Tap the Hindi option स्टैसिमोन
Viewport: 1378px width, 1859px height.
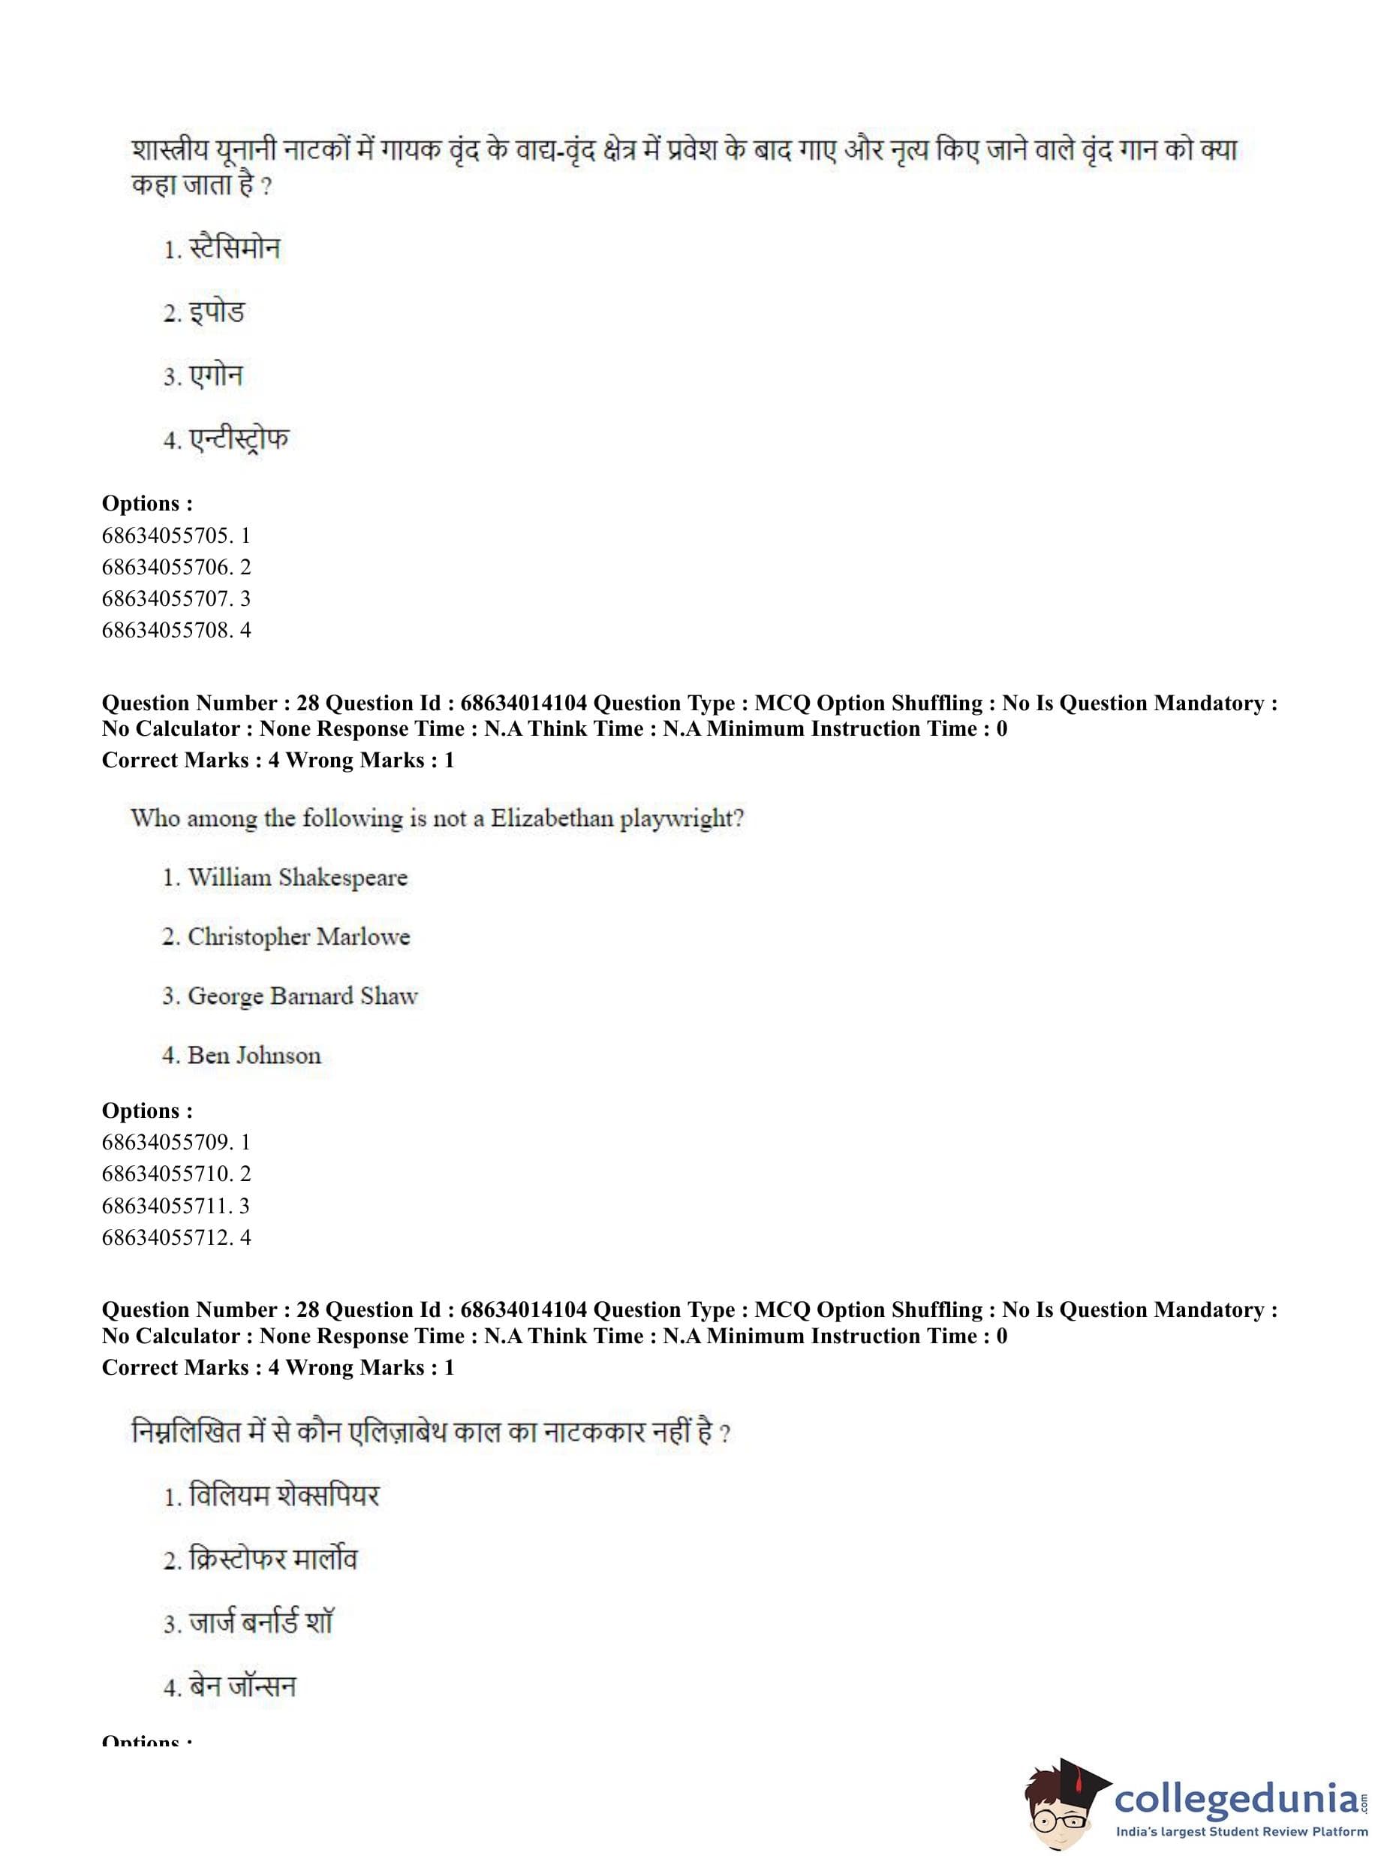[234, 249]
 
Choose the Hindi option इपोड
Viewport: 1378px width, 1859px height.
[216, 312]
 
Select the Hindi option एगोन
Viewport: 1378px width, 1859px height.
[215, 375]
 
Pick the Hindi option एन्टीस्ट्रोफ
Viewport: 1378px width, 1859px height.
[239, 439]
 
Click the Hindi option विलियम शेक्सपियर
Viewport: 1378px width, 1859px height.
[284, 1495]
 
